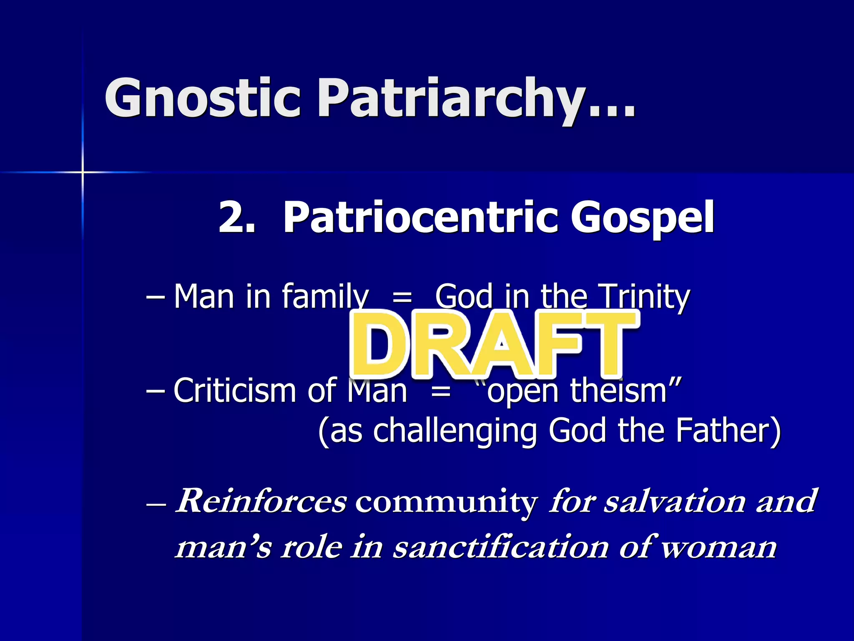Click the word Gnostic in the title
[x=203, y=98]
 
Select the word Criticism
[x=236, y=391]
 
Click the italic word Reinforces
[x=261, y=501]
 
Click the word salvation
[x=675, y=501]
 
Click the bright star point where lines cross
[x=83, y=172]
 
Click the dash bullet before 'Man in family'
[x=155, y=298]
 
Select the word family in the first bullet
[x=325, y=297]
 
